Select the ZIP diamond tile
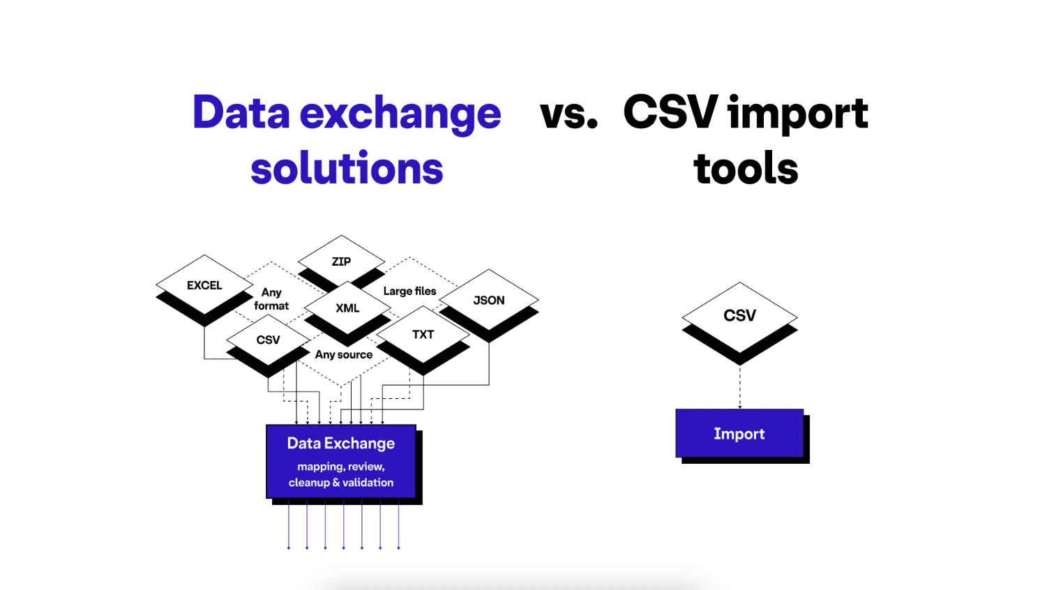click(341, 262)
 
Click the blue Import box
click(739, 433)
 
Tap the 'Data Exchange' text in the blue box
click(341, 444)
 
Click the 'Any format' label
click(271, 299)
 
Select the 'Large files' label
click(409, 291)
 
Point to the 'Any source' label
click(344, 355)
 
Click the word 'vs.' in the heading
click(568, 114)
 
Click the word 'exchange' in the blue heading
click(400, 114)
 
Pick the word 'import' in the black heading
click(798, 114)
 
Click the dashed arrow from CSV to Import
click(739, 387)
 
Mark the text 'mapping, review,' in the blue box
click(341, 467)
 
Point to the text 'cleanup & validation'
click(341, 483)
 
